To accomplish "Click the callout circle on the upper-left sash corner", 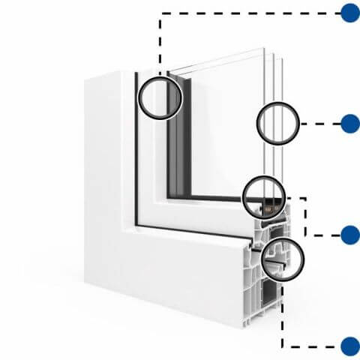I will click(x=160, y=97).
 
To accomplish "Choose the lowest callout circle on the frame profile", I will click(x=283, y=259).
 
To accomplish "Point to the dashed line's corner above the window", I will click(x=160, y=13).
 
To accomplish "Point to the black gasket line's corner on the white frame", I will click(x=135, y=223).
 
